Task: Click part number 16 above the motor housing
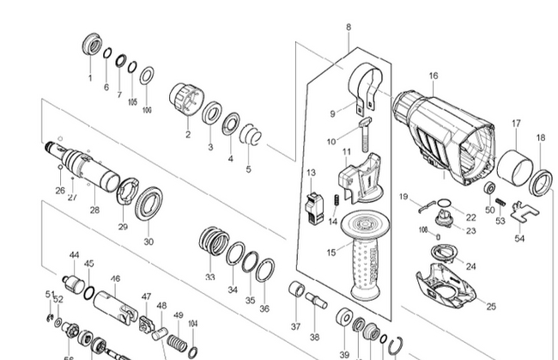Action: point(434,76)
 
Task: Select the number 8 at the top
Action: point(349,28)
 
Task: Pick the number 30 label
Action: point(149,242)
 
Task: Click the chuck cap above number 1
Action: point(90,46)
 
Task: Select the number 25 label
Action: point(491,306)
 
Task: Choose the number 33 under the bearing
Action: point(210,278)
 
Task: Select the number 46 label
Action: point(115,279)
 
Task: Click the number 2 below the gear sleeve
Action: point(187,135)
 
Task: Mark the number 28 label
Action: point(94,210)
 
